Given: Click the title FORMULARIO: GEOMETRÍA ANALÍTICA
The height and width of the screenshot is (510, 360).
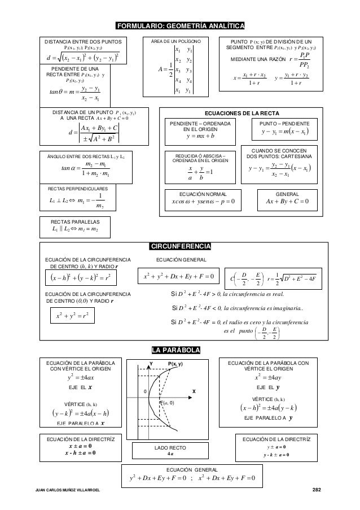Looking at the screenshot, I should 179,26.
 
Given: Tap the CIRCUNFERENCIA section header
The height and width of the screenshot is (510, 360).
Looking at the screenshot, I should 179,246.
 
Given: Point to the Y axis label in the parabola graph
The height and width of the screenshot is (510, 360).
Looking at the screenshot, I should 150,364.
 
